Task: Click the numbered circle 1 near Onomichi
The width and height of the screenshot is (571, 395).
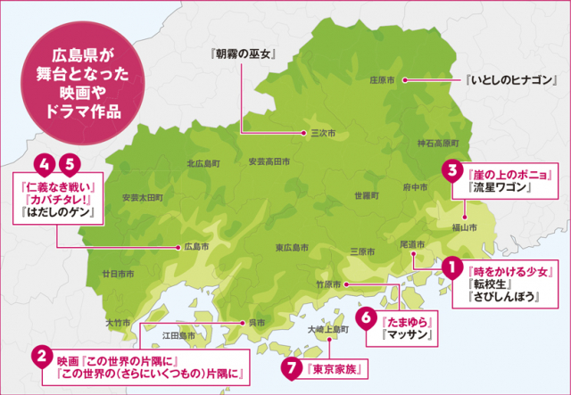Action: tap(452, 267)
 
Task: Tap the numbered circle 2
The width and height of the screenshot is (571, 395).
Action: tap(40, 356)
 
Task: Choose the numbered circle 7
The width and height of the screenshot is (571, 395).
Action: tap(288, 367)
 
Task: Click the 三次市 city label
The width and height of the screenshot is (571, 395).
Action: tap(322, 134)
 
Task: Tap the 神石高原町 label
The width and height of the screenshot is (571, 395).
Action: tap(437, 143)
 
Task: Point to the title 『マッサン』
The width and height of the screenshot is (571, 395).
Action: tap(407, 335)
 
